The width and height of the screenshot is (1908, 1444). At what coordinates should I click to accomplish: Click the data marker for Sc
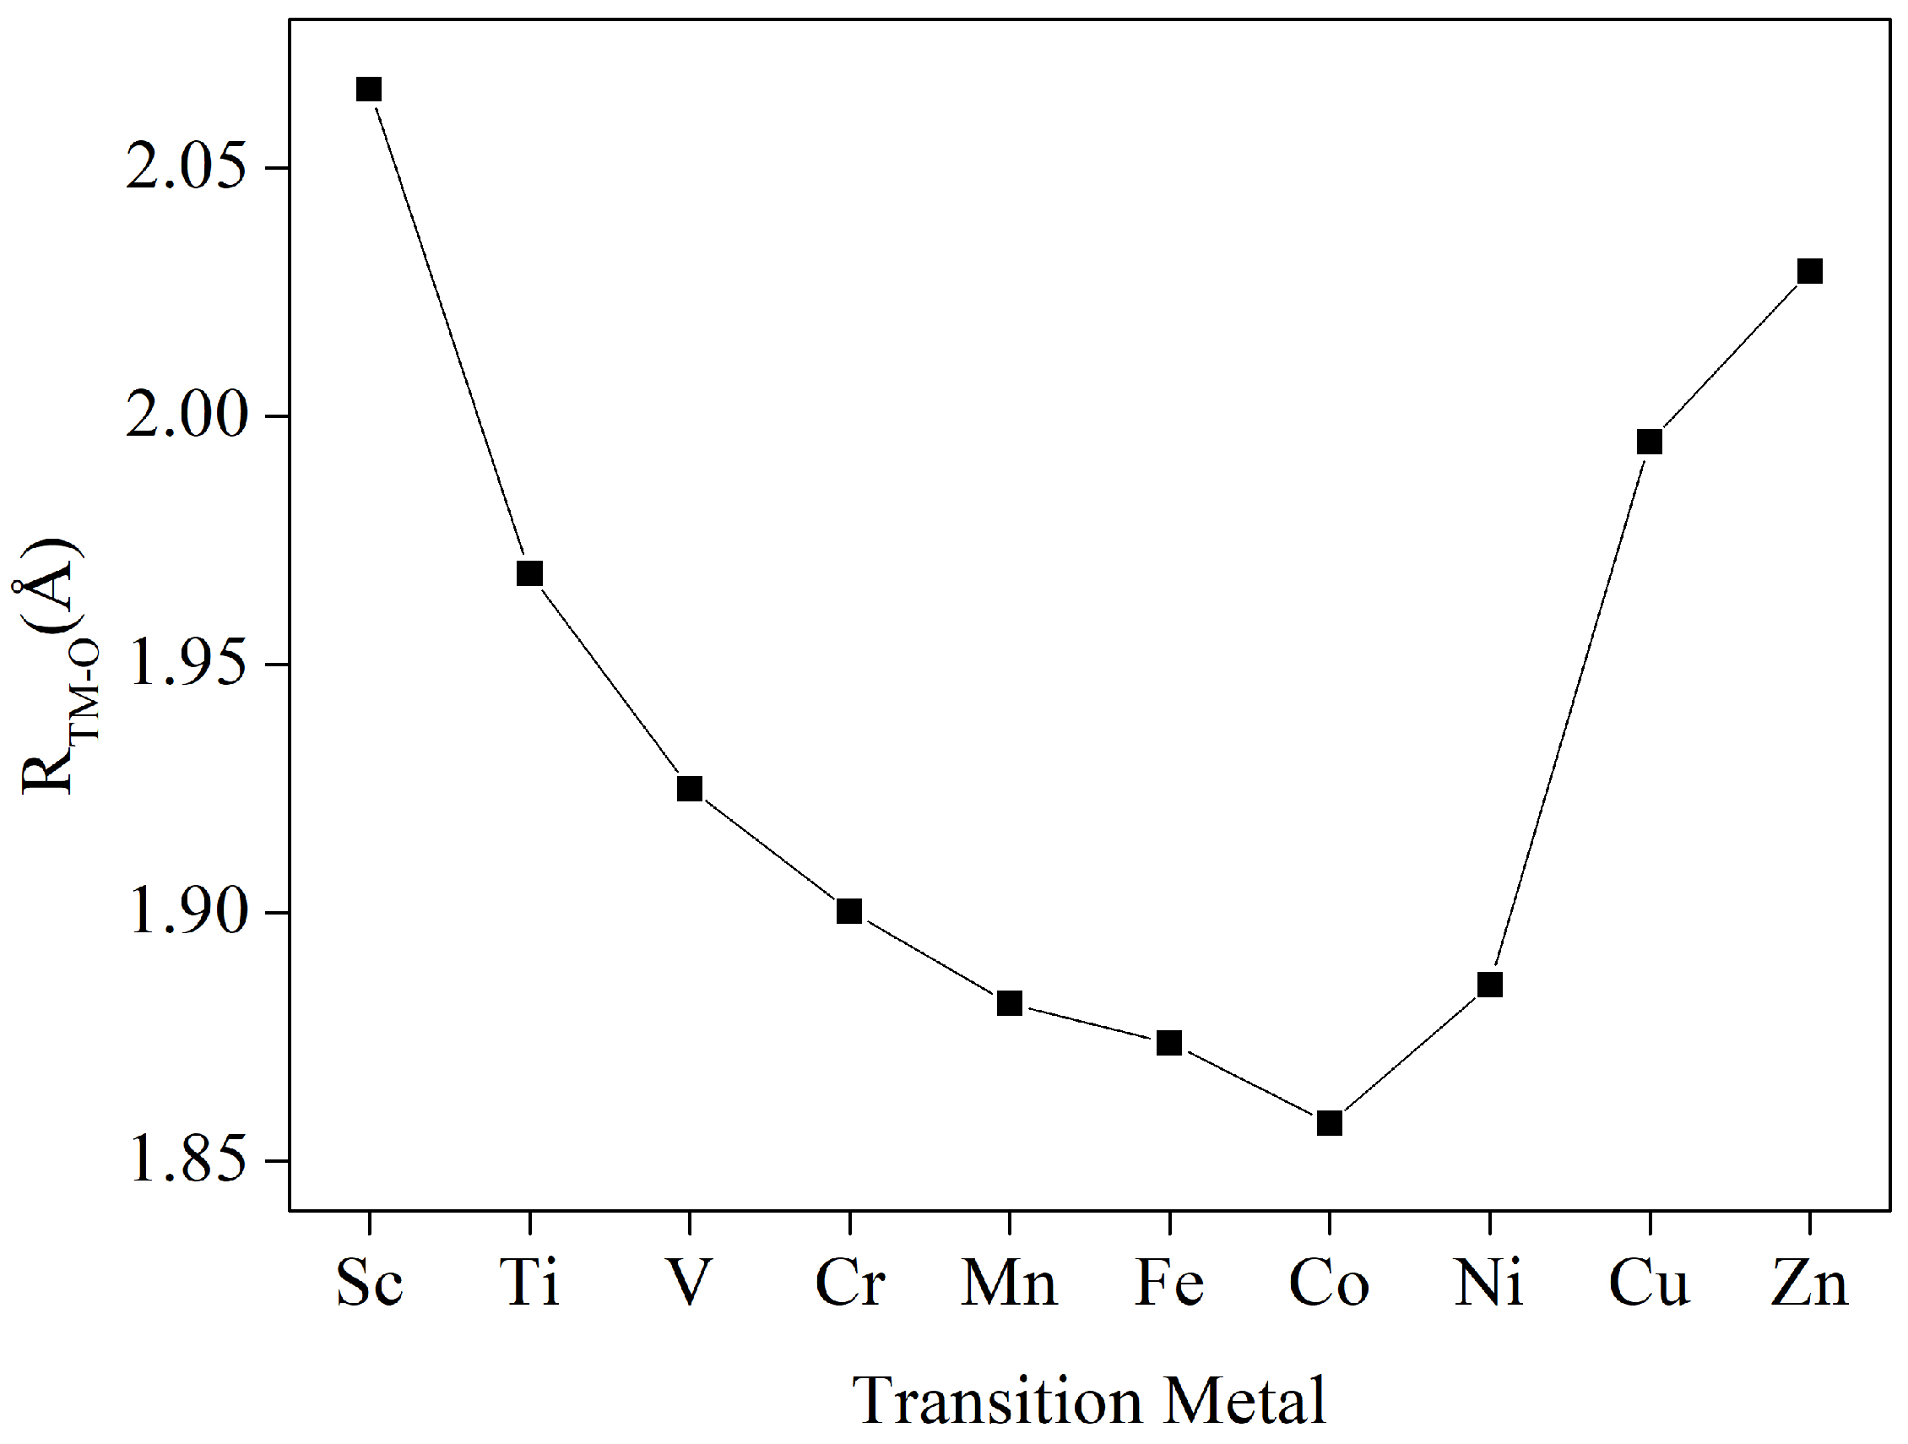point(369,90)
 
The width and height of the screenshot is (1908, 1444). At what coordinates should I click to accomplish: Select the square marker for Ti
point(529,573)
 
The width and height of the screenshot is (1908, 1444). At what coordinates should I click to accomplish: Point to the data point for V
point(689,789)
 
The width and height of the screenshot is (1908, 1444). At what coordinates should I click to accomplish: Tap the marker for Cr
point(849,911)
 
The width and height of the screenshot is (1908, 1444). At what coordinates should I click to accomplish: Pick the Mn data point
point(1010,1003)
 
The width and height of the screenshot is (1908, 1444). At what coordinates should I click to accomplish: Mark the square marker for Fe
point(1169,1043)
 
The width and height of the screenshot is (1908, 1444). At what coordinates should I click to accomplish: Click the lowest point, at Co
point(1329,1123)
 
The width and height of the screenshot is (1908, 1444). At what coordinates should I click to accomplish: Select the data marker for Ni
point(1489,985)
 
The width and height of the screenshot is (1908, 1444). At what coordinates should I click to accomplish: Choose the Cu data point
point(1649,442)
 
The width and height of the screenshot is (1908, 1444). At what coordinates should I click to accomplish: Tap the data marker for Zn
point(1810,272)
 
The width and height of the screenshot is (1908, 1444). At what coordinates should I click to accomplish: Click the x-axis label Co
point(1329,1284)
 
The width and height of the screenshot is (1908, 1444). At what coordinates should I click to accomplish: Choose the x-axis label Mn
point(1009,1284)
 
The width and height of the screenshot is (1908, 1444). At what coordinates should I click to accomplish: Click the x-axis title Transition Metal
point(1088,1401)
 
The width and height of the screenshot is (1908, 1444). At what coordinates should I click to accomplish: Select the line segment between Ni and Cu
point(1569,713)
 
